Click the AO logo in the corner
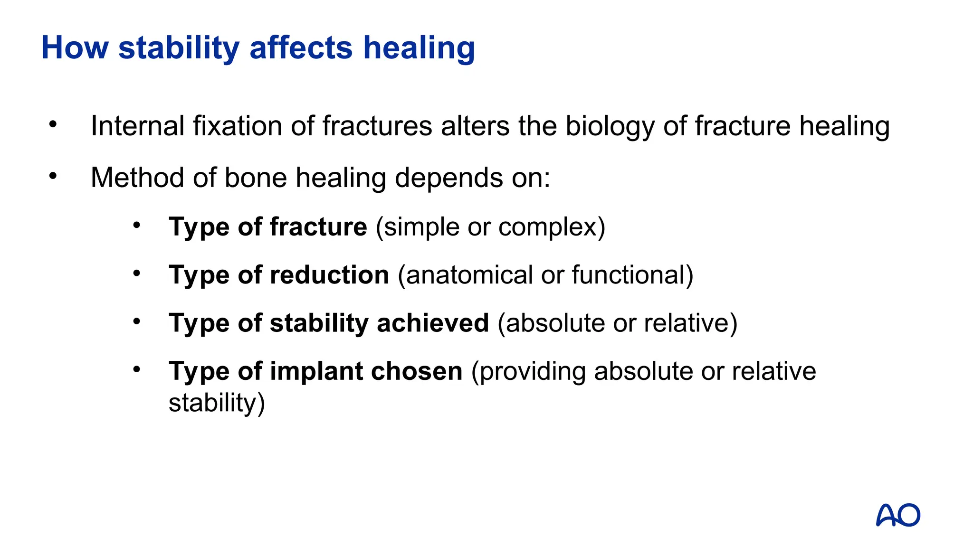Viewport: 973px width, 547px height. (898, 515)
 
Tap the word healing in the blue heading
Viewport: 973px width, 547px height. (419, 49)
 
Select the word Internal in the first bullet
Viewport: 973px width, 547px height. (137, 126)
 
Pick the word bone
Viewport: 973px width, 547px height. (256, 178)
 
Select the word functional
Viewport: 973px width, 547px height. (629, 275)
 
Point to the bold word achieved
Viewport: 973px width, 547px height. (432, 323)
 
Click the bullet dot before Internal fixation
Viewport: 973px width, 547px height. (53, 124)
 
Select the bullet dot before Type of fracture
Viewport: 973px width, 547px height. (137, 225)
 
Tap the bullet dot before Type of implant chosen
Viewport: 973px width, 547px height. (137, 369)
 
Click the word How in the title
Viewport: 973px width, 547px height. (75, 48)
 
